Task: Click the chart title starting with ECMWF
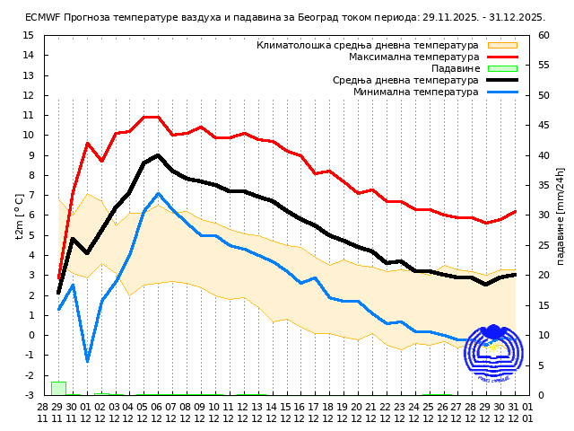(285, 17)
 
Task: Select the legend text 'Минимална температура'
(415, 92)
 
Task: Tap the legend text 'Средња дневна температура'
(405, 80)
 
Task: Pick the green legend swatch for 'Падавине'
(502, 68)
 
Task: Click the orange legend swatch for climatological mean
(502, 45)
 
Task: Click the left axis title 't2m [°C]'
(20, 215)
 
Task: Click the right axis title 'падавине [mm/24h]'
(561, 215)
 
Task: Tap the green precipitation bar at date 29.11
(58, 388)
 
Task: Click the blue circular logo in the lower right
(492, 354)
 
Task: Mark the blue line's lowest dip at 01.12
(87, 361)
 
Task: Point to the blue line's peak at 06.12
(158, 193)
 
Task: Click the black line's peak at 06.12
(158, 155)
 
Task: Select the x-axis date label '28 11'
(43, 412)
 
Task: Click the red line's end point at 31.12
(515, 211)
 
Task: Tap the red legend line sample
(502, 57)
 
